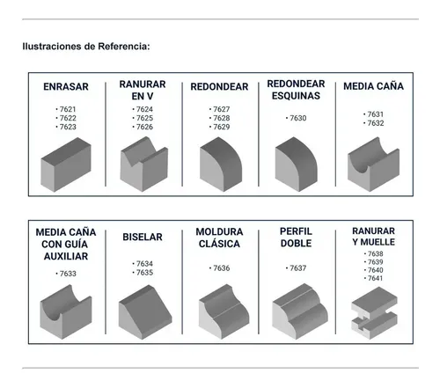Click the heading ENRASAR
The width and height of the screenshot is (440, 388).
[x=66, y=87]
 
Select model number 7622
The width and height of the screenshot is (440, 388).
[x=68, y=118]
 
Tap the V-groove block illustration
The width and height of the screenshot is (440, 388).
[x=143, y=165]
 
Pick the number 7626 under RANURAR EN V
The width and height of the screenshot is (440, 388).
[x=144, y=127]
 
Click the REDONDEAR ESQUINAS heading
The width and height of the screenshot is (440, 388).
[x=296, y=90]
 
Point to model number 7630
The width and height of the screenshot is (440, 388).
[x=298, y=118]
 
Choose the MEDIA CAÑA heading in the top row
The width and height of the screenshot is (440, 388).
[x=373, y=86]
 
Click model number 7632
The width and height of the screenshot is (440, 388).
[x=376, y=123]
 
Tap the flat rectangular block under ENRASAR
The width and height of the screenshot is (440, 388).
[x=66, y=165]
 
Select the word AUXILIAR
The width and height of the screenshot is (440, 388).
[x=66, y=256]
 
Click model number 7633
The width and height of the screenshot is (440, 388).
[x=68, y=274]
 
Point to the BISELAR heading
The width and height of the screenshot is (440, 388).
[x=143, y=237]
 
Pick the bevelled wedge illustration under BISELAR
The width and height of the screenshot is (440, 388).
[x=145, y=312]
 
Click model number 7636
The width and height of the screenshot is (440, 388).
[x=222, y=268]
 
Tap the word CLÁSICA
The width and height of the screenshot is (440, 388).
[x=219, y=244]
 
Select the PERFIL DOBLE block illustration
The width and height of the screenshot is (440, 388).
[x=300, y=311]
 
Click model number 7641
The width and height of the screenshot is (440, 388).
[x=376, y=278]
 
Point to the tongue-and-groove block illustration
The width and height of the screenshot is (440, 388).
[x=375, y=313]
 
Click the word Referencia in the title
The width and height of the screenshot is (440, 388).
[x=123, y=47]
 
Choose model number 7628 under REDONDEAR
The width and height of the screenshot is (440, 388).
[x=222, y=118]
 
